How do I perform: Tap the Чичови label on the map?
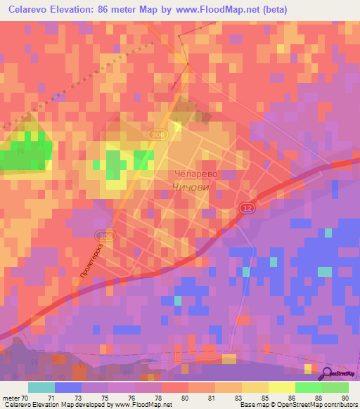point(191,186)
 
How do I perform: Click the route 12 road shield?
point(246,207)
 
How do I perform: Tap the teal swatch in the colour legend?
point(41,387)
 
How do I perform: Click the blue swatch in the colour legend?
point(68,387)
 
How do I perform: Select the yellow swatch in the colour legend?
point(282,387)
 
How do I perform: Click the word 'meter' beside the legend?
point(12,398)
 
